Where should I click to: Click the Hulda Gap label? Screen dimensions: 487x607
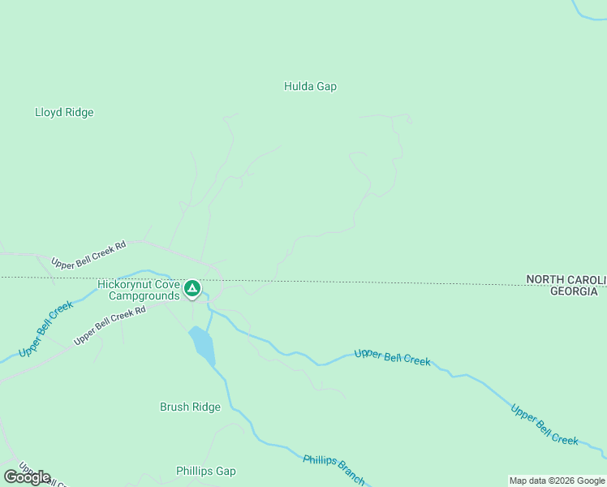coord(310,86)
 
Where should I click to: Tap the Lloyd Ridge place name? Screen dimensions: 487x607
coord(64,112)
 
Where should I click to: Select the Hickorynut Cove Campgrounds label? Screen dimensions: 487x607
coord(139,290)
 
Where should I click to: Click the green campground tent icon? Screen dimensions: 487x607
coord(192,288)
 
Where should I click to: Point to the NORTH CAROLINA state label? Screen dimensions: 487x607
coord(566,279)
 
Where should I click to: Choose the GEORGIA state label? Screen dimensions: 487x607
coord(574,291)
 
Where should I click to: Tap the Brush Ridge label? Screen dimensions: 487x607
coord(190,407)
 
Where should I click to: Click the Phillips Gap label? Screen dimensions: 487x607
coord(205,471)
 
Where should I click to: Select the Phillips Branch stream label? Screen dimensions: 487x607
coord(334,469)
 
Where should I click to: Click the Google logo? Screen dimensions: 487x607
coord(27,477)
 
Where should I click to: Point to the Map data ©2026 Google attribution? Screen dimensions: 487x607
coord(557,481)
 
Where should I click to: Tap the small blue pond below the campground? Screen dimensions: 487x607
coord(203,345)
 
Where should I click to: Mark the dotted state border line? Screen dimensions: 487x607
coord(365,282)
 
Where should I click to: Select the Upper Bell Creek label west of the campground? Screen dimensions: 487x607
coord(45,328)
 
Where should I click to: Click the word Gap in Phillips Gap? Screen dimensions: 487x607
coord(225,471)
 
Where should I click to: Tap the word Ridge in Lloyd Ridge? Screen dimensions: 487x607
coord(79,112)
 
